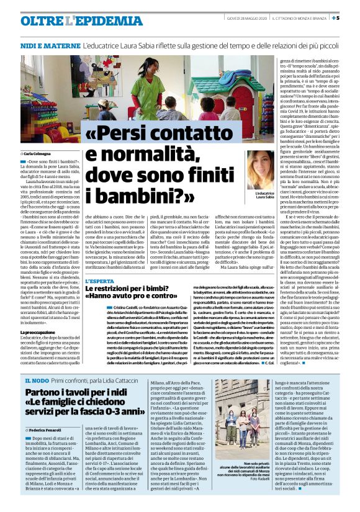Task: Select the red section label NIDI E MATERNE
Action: [x=45, y=47]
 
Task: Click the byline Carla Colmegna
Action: [x=40, y=151]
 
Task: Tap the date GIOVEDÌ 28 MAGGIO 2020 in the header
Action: [x=244, y=17]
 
